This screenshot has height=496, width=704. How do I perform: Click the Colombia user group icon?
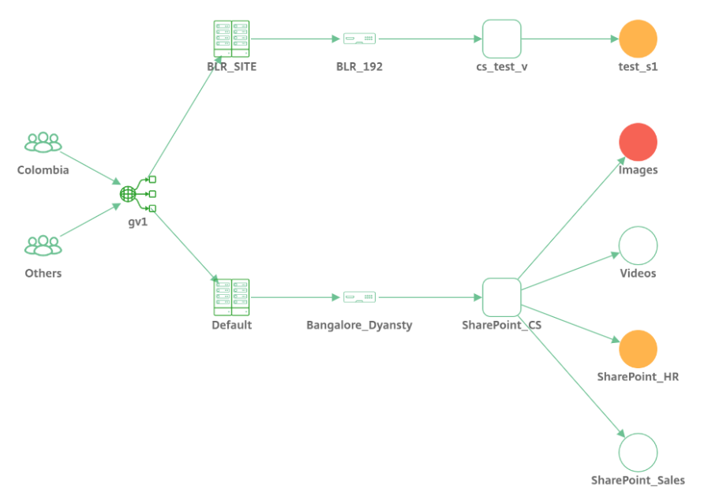(x=43, y=143)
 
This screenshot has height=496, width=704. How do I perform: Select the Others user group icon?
(x=43, y=246)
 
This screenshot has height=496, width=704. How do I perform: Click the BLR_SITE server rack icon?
(x=231, y=39)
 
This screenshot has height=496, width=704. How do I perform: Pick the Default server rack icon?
(x=231, y=297)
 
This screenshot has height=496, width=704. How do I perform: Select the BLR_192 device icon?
(x=359, y=39)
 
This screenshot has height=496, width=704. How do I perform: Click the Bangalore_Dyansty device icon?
(x=359, y=297)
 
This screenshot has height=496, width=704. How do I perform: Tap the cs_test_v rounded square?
(x=502, y=39)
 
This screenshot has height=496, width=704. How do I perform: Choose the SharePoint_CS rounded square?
(x=502, y=297)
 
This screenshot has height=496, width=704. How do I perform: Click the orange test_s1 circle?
(x=638, y=39)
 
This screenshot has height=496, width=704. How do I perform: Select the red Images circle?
(x=638, y=142)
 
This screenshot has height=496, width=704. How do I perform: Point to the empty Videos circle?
(x=638, y=246)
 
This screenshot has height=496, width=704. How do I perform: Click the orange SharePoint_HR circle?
(x=638, y=349)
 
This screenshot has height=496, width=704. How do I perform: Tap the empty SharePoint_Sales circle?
(x=638, y=453)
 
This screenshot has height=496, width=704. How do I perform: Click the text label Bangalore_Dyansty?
(x=359, y=325)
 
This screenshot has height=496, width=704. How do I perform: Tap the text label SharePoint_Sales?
(x=638, y=480)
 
